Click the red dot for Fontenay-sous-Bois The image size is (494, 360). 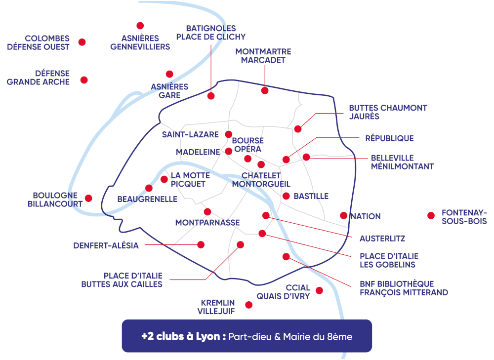pyautogui.click(x=431, y=215)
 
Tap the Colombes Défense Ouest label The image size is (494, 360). pyautogui.click(x=47, y=42)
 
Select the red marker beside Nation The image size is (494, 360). pyautogui.click(x=343, y=215)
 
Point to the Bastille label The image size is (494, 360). pyautogui.click(x=311, y=196)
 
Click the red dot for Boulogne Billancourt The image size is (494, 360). pyautogui.click(x=88, y=198)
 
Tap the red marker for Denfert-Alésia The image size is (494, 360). pyautogui.click(x=201, y=244)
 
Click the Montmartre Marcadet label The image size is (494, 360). pyautogui.click(x=263, y=56)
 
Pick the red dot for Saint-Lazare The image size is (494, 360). pyautogui.click(x=229, y=134)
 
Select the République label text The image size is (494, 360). pyautogui.click(x=389, y=138)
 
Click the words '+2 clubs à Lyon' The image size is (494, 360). pyautogui.click(x=183, y=336)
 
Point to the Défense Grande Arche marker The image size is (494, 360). pyautogui.click(x=84, y=80)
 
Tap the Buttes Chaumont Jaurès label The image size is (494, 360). pyautogui.click(x=388, y=112)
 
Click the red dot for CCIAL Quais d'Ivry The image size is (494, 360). pyautogui.click(x=319, y=290)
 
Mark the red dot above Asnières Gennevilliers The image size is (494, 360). pyautogui.click(x=140, y=26)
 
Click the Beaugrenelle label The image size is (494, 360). pyautogui.click(x=147, y=200)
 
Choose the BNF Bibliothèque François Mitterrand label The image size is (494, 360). pyautogui.click(x=404, y=288)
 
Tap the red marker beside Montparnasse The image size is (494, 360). pyautogui.click(x=207, y=211)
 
